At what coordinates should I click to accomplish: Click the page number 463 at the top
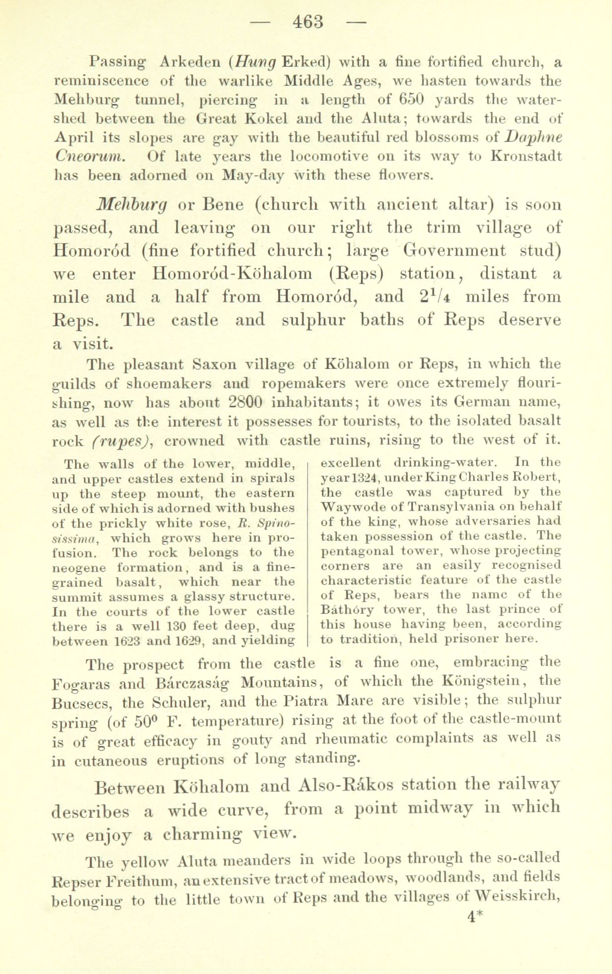tap(308, 22)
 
